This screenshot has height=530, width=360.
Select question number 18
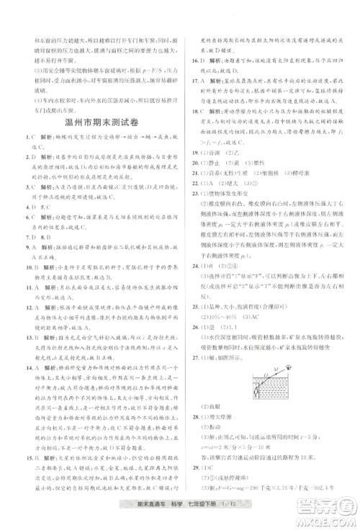189,113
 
